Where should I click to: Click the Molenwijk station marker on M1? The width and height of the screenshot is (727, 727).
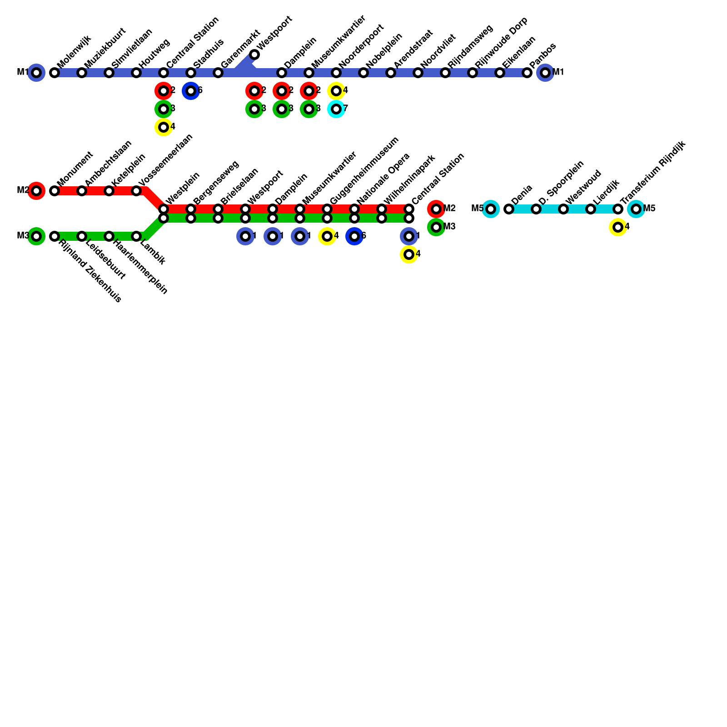pyautogui.click(x=55, y=73)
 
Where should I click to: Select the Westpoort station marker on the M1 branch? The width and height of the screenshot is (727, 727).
pyautogui.click(x=254, y=55)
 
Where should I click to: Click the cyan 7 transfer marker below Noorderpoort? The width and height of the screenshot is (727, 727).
pyautogui.click(x=336, y=109)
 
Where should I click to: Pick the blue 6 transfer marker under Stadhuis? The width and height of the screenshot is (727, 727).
pyautogui.click(x=191, y=91)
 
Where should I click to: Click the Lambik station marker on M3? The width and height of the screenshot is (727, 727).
pyautogui.click(x=136, y=236)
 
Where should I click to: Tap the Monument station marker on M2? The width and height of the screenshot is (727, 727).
pyautogui.click(x=55, y=191)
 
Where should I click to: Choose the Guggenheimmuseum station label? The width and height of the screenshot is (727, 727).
pyautogui.click(x=364, y=170)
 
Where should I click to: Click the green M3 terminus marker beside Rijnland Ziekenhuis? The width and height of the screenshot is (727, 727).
pyautogui.click(x=36, y=236)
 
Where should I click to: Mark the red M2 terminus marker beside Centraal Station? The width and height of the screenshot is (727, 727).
pyautogui.click(x=436, y=209)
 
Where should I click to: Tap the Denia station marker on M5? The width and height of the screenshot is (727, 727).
pyautogui.click(x=509, y=209)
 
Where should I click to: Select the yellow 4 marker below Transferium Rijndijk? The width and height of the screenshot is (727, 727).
pyautogui.click(x=618, y=227)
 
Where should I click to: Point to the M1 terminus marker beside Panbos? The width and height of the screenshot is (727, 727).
pyautogui.click(x=545, y=73)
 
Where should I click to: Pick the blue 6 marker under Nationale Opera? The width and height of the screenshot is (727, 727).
pyautogui.click(x=354, y=236)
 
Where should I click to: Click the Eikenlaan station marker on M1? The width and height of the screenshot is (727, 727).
pyautogui.click(x=500, y=73)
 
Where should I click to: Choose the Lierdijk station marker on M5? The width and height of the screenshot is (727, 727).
pyautogui.click(x=591, y=209)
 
